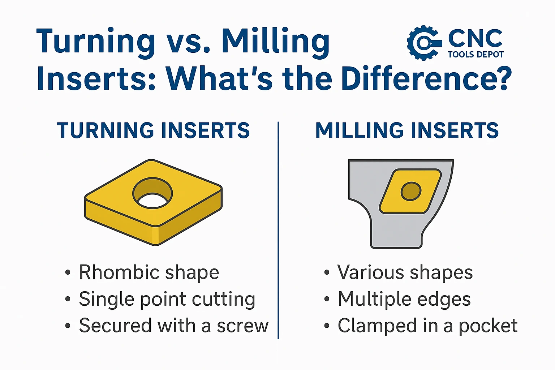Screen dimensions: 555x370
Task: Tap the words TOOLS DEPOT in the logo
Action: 476,55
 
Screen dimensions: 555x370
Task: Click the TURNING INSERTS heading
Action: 153,130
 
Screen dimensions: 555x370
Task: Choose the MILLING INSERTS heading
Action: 407,130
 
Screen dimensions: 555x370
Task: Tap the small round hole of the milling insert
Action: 411,191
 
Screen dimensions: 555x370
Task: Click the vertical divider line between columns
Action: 278,230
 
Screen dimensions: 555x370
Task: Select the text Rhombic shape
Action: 149,272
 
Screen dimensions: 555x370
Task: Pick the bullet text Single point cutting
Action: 167,300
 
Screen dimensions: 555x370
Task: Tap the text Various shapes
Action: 405,272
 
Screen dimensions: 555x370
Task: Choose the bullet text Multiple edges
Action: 404,300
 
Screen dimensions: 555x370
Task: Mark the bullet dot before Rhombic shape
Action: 68,272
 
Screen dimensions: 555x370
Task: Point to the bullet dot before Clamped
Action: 327,326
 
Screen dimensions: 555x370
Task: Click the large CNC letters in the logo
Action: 475,38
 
